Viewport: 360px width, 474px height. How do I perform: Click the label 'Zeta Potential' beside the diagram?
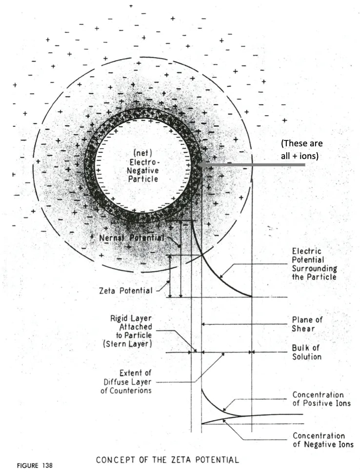(x=125, y=291)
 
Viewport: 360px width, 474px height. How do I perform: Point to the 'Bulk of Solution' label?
(x=307, y=353)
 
